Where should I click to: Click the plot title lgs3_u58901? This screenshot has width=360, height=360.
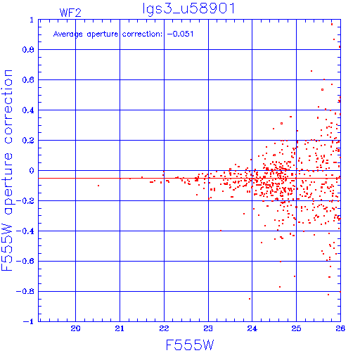(188, 9)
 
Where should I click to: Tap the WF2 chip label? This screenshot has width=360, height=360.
(70, 13)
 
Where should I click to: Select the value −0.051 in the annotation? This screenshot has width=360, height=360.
(180, 34)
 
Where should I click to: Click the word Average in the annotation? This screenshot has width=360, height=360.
(68, 34)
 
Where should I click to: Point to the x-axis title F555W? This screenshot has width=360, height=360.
(190, 345)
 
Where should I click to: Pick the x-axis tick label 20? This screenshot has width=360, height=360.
(75, 328)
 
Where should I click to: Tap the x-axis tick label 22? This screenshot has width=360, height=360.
(164, 328)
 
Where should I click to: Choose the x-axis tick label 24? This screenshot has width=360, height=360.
(252, 328)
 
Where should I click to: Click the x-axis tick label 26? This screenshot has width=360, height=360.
(340, 328)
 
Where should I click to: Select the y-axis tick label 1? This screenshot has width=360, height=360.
(32, 20)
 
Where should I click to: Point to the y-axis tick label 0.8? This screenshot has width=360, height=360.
(28, 50)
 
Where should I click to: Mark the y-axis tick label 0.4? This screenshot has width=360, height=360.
(28, 110)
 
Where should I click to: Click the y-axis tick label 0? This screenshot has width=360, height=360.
(32, 171)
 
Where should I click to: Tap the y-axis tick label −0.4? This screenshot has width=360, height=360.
(25, 231)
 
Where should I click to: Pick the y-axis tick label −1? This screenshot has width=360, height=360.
(29, 321)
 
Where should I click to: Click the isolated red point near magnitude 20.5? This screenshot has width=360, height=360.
(98, 186)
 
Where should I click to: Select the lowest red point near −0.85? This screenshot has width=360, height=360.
(250, 299)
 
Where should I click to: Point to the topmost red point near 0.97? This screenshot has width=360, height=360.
(332, 24)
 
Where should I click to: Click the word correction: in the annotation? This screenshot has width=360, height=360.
(142, 34)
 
